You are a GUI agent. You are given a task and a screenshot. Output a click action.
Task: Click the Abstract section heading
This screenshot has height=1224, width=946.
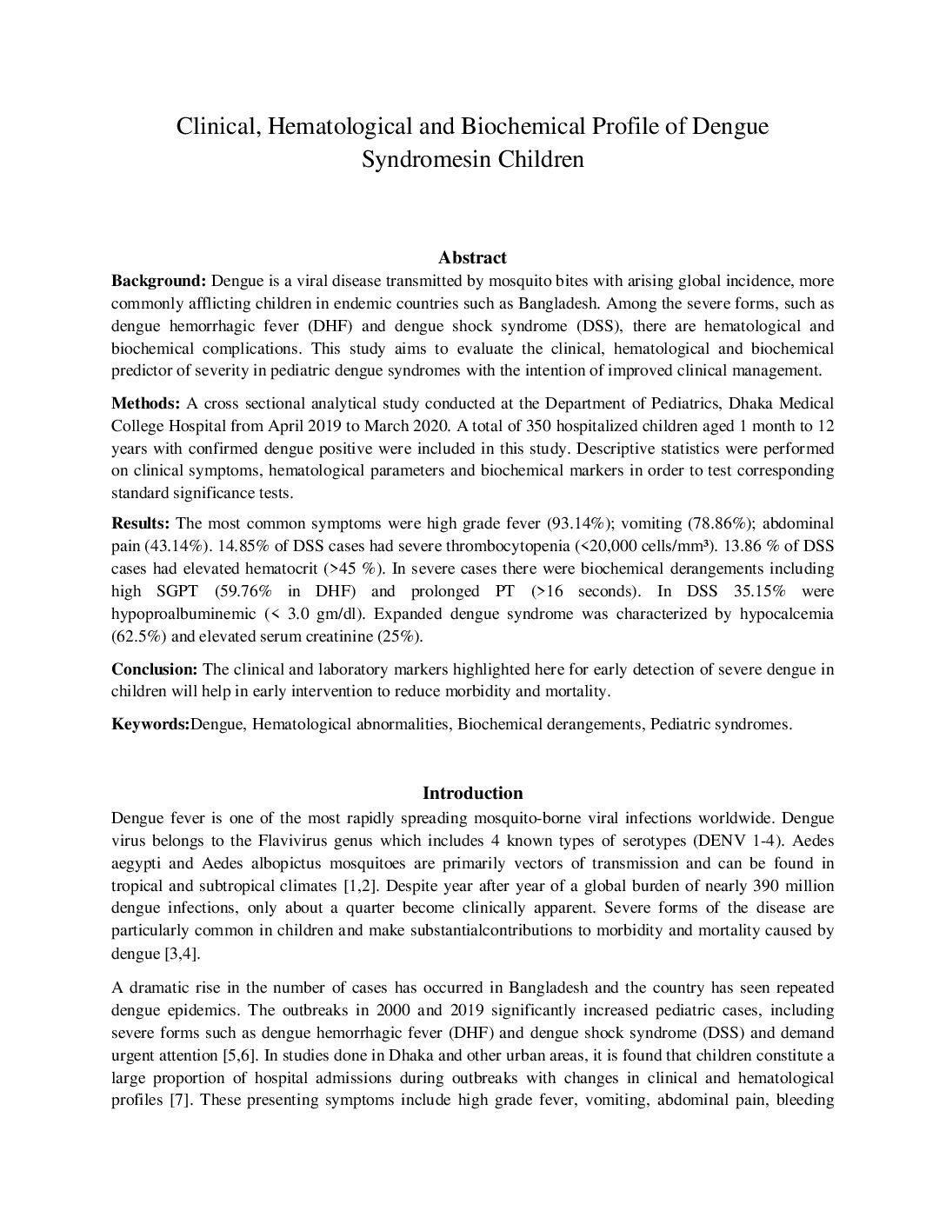click(x=472, y=257)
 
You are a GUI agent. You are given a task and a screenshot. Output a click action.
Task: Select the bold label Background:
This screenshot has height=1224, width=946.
click(x=158, y=281)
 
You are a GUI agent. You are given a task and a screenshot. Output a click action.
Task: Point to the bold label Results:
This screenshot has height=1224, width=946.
click(x=141, y=523)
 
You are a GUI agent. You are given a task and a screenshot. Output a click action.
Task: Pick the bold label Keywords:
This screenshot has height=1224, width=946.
click(x=150, y=724)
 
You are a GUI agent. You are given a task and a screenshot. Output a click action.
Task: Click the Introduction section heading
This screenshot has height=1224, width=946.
click(x=472, y=793)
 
